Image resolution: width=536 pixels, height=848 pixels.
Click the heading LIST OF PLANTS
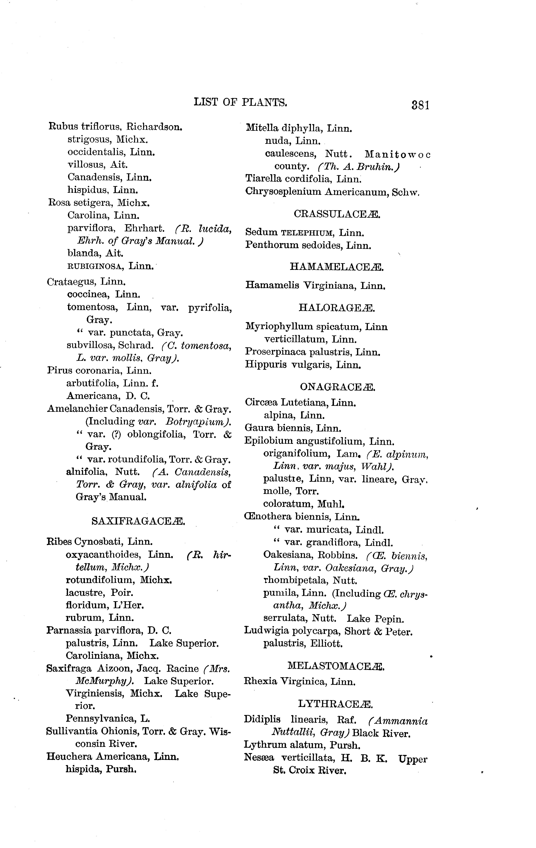pyautogui.click(x=241, y=103)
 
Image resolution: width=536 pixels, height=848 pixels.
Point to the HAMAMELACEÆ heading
pyautogui.click(x=336, y=267)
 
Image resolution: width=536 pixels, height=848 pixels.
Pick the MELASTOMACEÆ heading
pyautogui.click(x=336, y=666)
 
